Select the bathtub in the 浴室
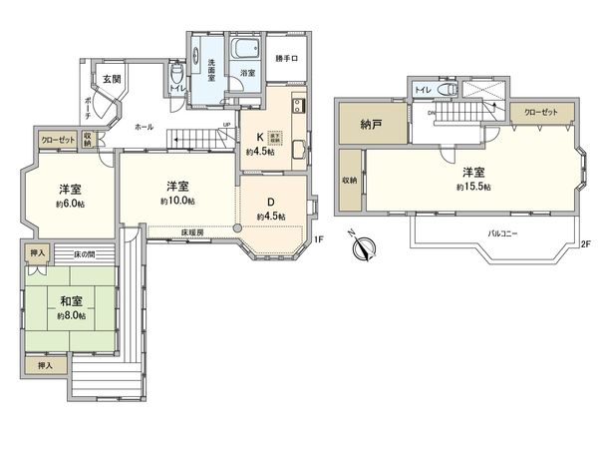click(x=244, y=50)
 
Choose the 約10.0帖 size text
click(x=177, y=202)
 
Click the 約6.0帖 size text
click(x=69, y=203)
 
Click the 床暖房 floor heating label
click(x=193, y=233)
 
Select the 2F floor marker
click(x=586, y=243)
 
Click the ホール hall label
click(x=144, y=127)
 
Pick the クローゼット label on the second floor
click(x=543, y=113)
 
